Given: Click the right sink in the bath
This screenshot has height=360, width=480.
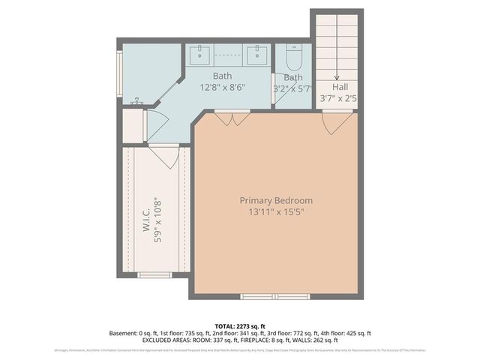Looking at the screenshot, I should point(258,54).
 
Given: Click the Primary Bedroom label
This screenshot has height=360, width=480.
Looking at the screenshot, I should point(276,200).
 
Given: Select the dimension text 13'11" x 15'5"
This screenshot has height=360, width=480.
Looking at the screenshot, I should point(276,212).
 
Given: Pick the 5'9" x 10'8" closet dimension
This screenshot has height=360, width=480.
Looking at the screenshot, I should point(158,220).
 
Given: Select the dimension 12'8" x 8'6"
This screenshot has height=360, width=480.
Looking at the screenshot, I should point(222,87).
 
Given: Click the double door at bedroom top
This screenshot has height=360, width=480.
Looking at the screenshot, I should point(232,118).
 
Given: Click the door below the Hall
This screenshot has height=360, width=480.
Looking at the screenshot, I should point(337,120).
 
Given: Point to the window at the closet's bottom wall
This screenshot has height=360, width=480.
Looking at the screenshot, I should point(156,275).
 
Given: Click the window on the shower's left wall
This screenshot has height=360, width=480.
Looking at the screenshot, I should point(118,76).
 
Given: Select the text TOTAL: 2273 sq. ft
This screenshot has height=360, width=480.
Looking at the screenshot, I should point(240,325).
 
